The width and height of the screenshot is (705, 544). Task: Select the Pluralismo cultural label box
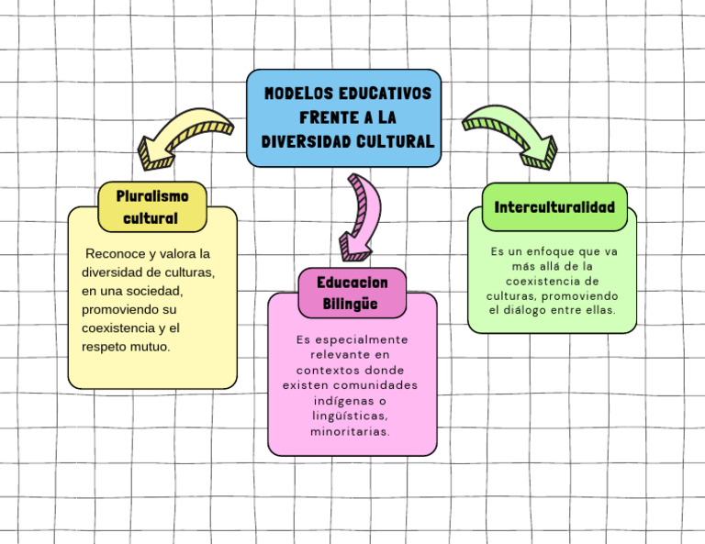[x=152, y=206]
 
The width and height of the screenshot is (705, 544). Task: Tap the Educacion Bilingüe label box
[x=352, y=293]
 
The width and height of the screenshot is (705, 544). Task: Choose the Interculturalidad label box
[x=554, y=206]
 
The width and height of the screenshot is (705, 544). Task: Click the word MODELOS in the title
[x=299, y=94]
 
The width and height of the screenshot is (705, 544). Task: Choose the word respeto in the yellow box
[x=102, y=347]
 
